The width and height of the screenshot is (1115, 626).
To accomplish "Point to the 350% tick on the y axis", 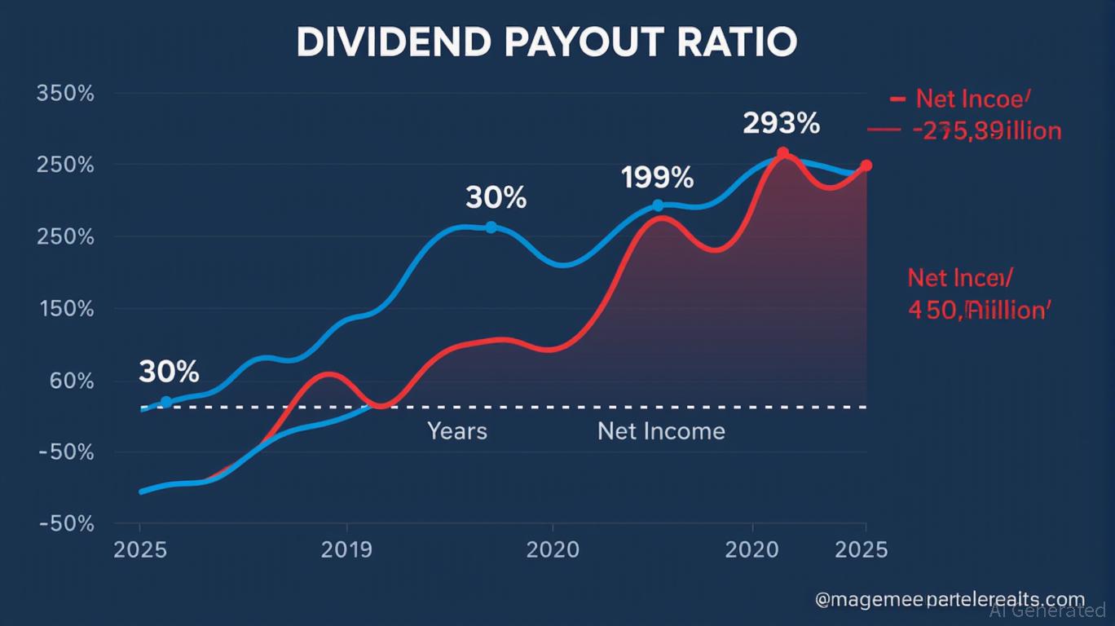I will point(65,93).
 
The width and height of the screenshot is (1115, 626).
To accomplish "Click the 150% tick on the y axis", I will point(65,310).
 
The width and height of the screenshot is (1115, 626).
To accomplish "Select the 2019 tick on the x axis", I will point(347,549).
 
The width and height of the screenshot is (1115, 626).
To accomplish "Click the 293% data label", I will point(781,123).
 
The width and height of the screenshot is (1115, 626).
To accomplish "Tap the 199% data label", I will point(657,177).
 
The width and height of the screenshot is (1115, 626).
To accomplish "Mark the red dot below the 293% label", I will point(782,153).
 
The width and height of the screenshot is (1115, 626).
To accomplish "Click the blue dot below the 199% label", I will point(658,205).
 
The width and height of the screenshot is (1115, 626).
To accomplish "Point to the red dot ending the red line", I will point(866,165).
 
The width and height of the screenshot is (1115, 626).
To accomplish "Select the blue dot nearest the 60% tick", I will point(166,402).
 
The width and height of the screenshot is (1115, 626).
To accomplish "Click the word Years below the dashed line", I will point(457,430).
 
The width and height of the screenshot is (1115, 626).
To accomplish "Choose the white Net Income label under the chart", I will point(661,430).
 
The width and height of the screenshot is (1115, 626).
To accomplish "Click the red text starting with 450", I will point(979,310).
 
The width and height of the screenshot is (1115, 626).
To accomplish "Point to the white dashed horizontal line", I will point(571,406).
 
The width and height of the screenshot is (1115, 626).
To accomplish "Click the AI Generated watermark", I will point(1048,611).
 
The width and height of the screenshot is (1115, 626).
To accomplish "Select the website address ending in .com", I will point(950,599).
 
